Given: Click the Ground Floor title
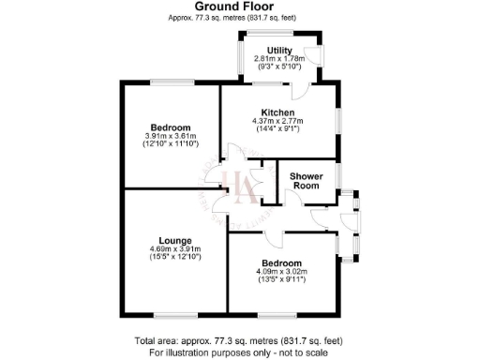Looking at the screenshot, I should tap(239, 6).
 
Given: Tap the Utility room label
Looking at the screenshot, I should tap(279, 50).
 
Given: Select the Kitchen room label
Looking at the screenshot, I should tap(279, 112).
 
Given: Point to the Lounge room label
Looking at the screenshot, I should tap(175, 239).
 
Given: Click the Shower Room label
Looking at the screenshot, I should tap(307, 181).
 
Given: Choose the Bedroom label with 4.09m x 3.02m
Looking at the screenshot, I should tap(281, 263).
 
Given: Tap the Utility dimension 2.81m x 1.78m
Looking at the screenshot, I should tap(279, 58).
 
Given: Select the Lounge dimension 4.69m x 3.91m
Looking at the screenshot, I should tap(175, 248).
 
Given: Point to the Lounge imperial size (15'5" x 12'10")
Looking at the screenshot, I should tap(175, 256).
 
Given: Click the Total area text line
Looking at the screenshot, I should tap(239, 339).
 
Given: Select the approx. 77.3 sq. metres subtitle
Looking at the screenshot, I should tap(239, 17).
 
